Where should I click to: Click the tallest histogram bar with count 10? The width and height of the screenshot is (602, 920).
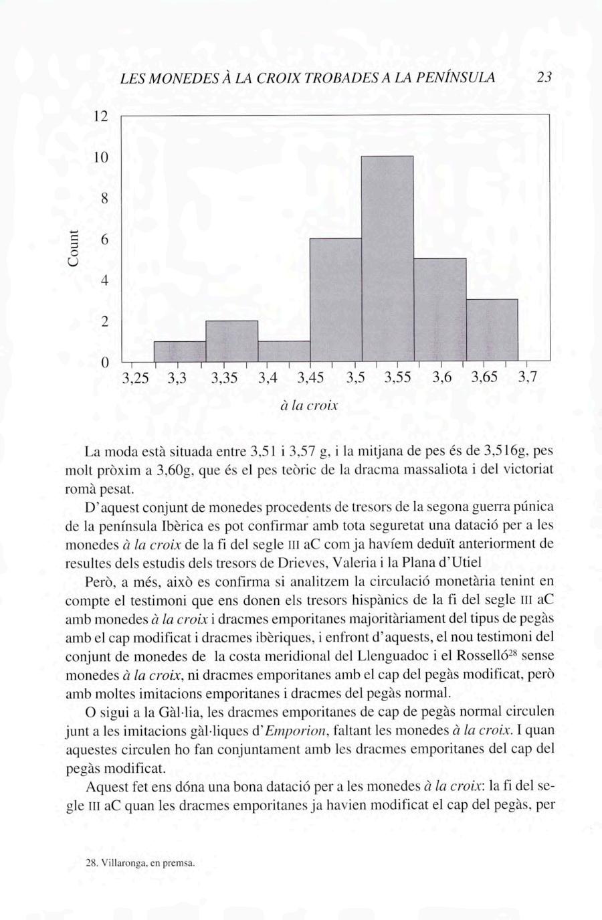point(387,258)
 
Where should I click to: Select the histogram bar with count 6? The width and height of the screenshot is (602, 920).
point(336,299)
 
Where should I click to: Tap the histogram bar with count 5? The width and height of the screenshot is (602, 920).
point(439,309)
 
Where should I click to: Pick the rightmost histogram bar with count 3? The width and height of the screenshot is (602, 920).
point(492,329)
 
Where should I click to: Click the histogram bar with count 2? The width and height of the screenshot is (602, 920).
point(231,341)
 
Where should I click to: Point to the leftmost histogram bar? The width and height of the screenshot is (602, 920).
point(180,351)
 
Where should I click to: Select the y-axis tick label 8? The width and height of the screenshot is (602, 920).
point(104,199)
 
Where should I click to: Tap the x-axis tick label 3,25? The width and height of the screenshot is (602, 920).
point(136,379)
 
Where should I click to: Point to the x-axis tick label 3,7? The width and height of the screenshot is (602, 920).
point(528,379)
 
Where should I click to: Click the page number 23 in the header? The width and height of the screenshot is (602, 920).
point(544,77)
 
